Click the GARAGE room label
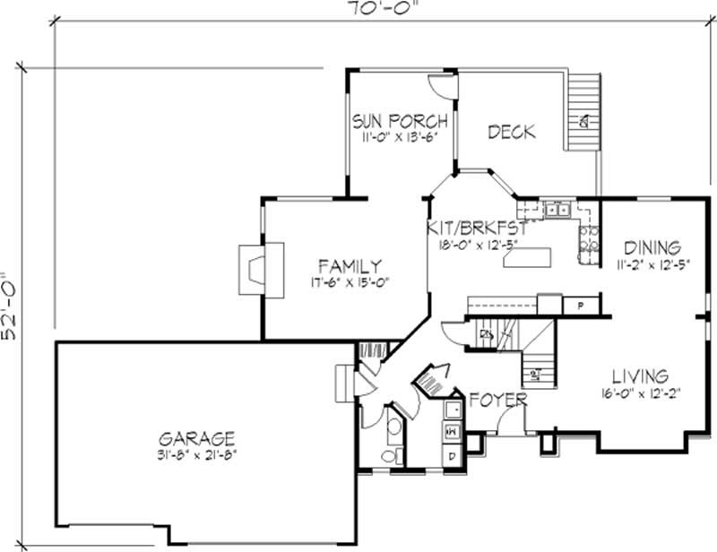[196, 438]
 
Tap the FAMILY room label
[351, 265]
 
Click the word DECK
[511, 132]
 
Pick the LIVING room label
[640, 375]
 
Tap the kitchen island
[526, 260]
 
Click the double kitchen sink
[558, 211]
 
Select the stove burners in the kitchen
[588, 242]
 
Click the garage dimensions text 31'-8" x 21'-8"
[196, 453]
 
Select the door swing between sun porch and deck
[442, 86]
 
